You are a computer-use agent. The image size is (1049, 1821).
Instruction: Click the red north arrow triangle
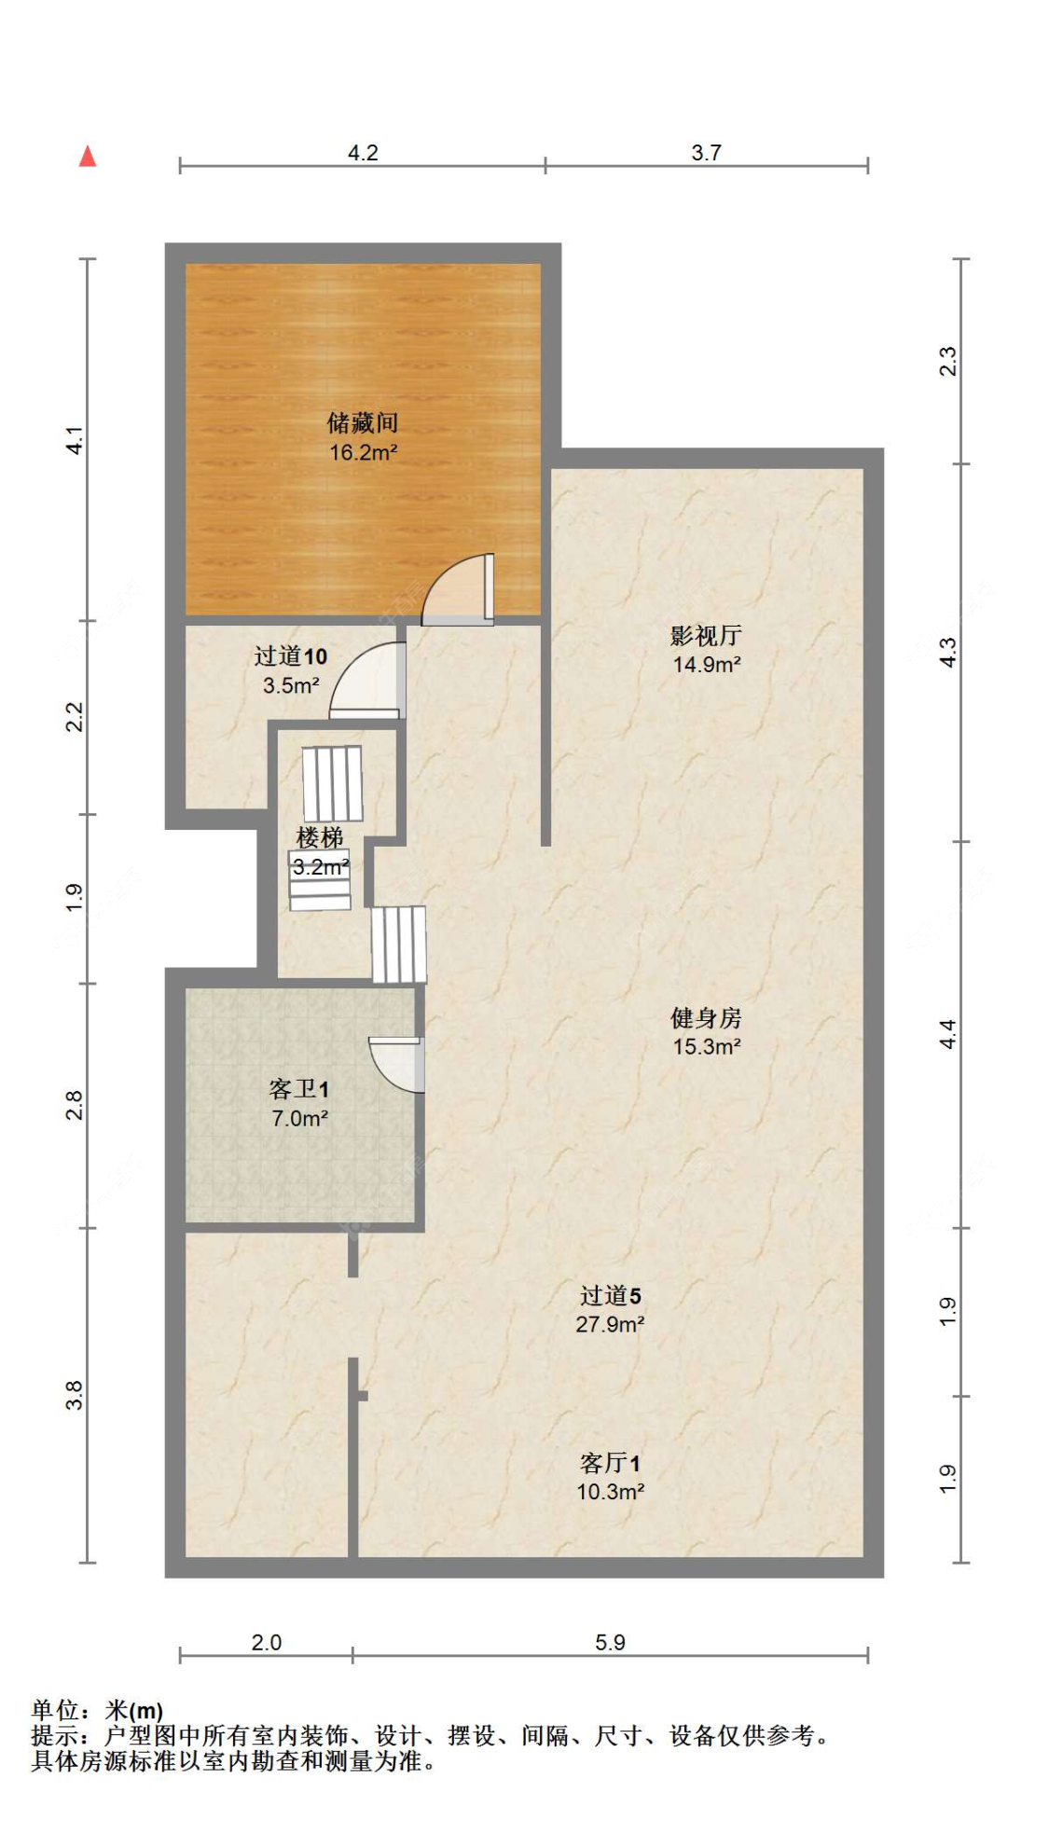(x=88, y=157)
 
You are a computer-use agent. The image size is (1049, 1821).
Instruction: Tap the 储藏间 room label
(x=363, y=423)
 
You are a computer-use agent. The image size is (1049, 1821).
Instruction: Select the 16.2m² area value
(x=363, y=453)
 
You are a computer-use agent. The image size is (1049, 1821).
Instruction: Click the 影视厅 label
(x=706, y=636)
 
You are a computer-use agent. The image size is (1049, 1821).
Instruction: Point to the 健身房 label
(x=706, y=1017)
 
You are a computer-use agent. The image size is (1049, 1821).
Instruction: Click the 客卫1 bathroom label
(x=298, y=1089)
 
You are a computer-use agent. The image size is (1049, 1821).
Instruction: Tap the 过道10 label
(x=290, y=656)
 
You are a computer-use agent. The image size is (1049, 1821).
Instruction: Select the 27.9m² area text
(x=610, y=1324)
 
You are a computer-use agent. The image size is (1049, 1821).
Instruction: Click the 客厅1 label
(x=610, y=1463)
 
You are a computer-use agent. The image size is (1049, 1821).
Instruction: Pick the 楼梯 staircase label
(x=320, y=837)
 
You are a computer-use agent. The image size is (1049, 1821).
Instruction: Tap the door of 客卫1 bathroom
(x=399, y=1063)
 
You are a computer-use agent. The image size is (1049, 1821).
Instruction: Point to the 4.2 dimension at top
(x=363, y=153)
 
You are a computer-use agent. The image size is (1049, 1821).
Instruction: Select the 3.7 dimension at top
(x=706, y=153)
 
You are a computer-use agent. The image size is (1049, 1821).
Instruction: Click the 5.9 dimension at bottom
(x=610, y=1643)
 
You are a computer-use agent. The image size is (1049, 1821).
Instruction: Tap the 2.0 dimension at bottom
(x=266, y=1643)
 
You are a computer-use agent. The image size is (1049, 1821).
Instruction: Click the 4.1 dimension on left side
(x=75, y=440)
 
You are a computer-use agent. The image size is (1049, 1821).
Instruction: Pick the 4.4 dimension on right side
(x=947, y=1034)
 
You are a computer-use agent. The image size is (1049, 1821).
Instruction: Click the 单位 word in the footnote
(x=55, y=1710)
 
